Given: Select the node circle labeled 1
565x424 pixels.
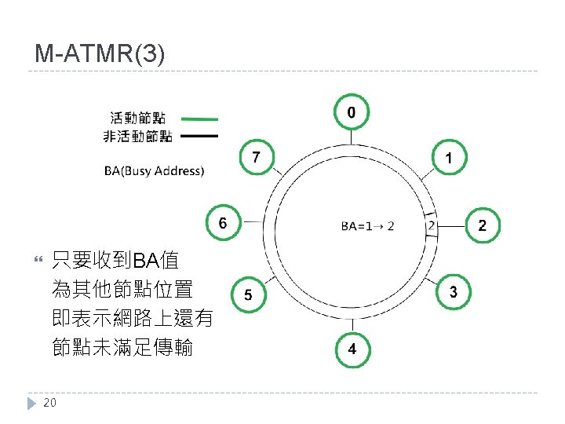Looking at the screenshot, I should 448,159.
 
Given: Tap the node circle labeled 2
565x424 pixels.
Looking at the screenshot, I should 482,225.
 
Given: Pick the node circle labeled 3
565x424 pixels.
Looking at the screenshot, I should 454,292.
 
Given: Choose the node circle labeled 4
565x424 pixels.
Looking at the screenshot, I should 352,349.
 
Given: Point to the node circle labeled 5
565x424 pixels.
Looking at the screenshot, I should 248,295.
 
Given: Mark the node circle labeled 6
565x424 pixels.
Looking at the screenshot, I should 224,222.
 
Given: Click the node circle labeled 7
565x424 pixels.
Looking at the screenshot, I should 257,158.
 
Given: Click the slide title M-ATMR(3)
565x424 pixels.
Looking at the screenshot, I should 100,54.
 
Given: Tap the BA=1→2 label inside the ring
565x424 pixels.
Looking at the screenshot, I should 367,226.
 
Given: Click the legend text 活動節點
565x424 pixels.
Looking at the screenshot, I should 137,119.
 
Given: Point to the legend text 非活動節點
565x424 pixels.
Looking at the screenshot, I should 137,137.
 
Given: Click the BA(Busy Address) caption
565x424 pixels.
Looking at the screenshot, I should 154,170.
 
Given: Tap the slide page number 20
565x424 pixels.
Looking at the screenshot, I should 49,403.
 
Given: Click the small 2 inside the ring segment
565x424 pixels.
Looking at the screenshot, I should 431,225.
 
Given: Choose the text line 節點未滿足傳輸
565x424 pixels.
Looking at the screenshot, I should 122,346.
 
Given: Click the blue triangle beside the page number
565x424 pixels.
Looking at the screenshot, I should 32,403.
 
